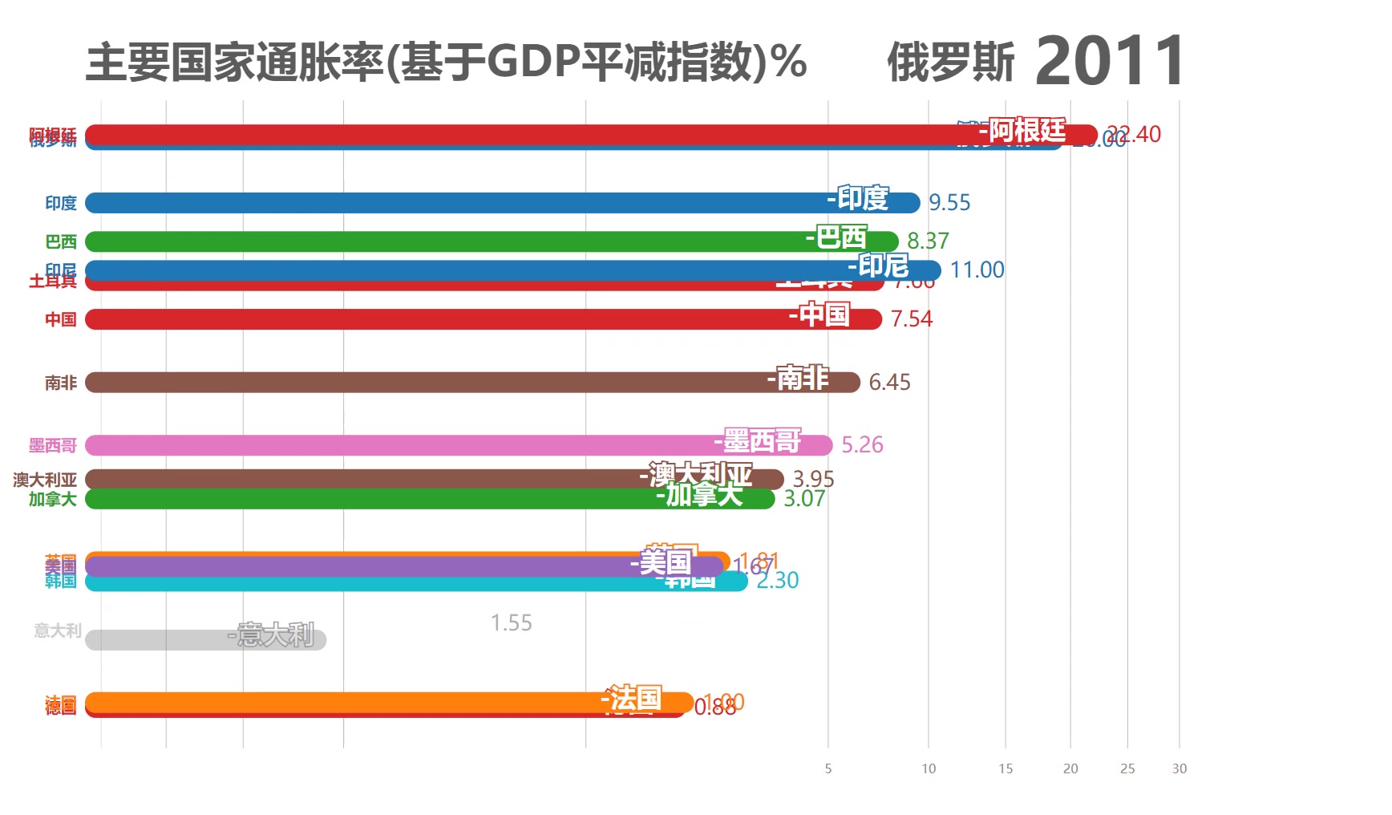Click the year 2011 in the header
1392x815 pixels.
pos(1110,61)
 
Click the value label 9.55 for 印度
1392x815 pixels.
pos(949,203)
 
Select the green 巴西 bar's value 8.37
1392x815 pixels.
pos(928,241)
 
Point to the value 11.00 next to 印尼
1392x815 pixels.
pos(977,270)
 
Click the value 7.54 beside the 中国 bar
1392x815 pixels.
pos(912,319)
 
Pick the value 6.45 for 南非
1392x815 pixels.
pos(889,383)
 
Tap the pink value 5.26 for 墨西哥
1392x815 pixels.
pos(862,445)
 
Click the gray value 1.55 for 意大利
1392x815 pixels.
pos(511,623)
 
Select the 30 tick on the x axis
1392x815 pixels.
pos(1179,768)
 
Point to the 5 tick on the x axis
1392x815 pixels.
pos(828,768)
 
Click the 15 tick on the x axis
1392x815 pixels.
pos(1006,768)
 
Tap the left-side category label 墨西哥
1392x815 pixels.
pos(53,445)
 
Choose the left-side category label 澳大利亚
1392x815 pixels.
pos(45,480)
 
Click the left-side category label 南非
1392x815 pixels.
pos(61,383)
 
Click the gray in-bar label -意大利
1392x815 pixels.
pos(271,635)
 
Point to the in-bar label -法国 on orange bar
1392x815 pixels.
pos(632,699)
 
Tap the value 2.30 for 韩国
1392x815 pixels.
pos(777,581)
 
